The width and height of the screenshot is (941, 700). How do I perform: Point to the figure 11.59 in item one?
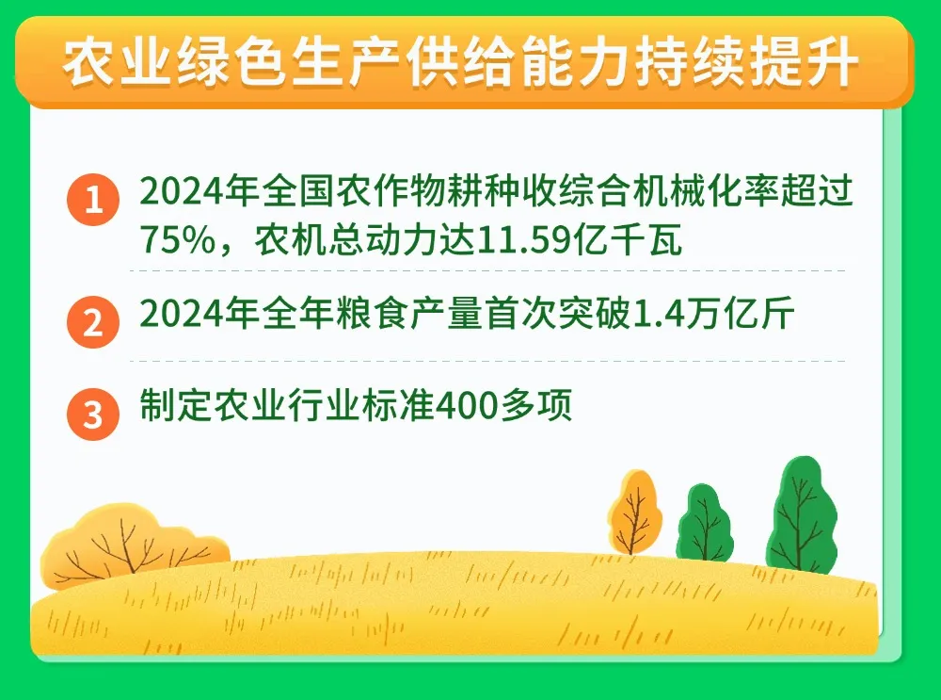521,241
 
